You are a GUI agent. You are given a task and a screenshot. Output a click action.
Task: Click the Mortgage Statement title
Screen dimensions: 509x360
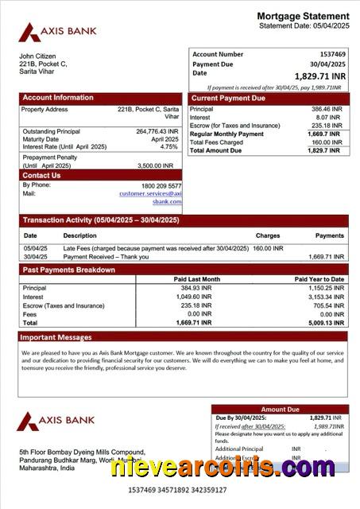(x=303, y=16)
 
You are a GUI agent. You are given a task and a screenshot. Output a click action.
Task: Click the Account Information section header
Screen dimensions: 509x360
(x=57, y=98)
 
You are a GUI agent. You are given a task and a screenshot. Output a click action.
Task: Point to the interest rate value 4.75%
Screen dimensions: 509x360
(x=168, y=147)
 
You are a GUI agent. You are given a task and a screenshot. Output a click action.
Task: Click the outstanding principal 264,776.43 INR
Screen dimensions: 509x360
(x=157, y=131)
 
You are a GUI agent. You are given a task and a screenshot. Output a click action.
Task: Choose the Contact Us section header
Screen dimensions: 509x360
(x=41, y=175)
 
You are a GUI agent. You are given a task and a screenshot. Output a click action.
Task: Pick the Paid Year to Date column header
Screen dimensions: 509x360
(x=319, y=279)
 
